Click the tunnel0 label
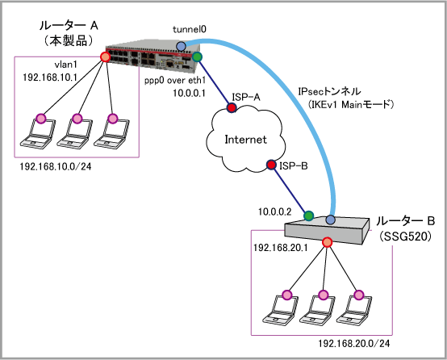click(190, 29)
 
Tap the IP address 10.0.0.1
click(190, 94)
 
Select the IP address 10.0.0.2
click(275, 211)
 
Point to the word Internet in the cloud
click(246, 140)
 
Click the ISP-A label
click(246, 98)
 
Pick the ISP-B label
click(294, 165)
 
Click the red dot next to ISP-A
click(232, 107)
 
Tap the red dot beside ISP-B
click(271, 165)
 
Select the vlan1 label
click(66, 65)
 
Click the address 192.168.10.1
click(50, 77)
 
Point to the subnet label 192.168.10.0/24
click(56, 166)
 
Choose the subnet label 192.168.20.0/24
click(354, 344)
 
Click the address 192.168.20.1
click(281, 248)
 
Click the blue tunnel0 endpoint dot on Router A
click(181, 46)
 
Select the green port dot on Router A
click(197, 57)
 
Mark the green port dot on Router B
click(308, 216)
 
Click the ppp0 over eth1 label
click(175, 81)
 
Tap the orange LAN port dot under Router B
click(328, 242)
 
